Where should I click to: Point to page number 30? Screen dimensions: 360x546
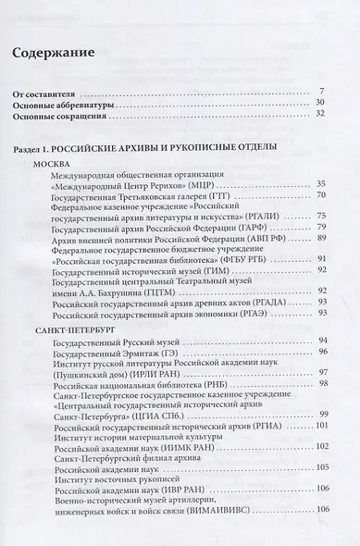(x=320, y=105)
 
